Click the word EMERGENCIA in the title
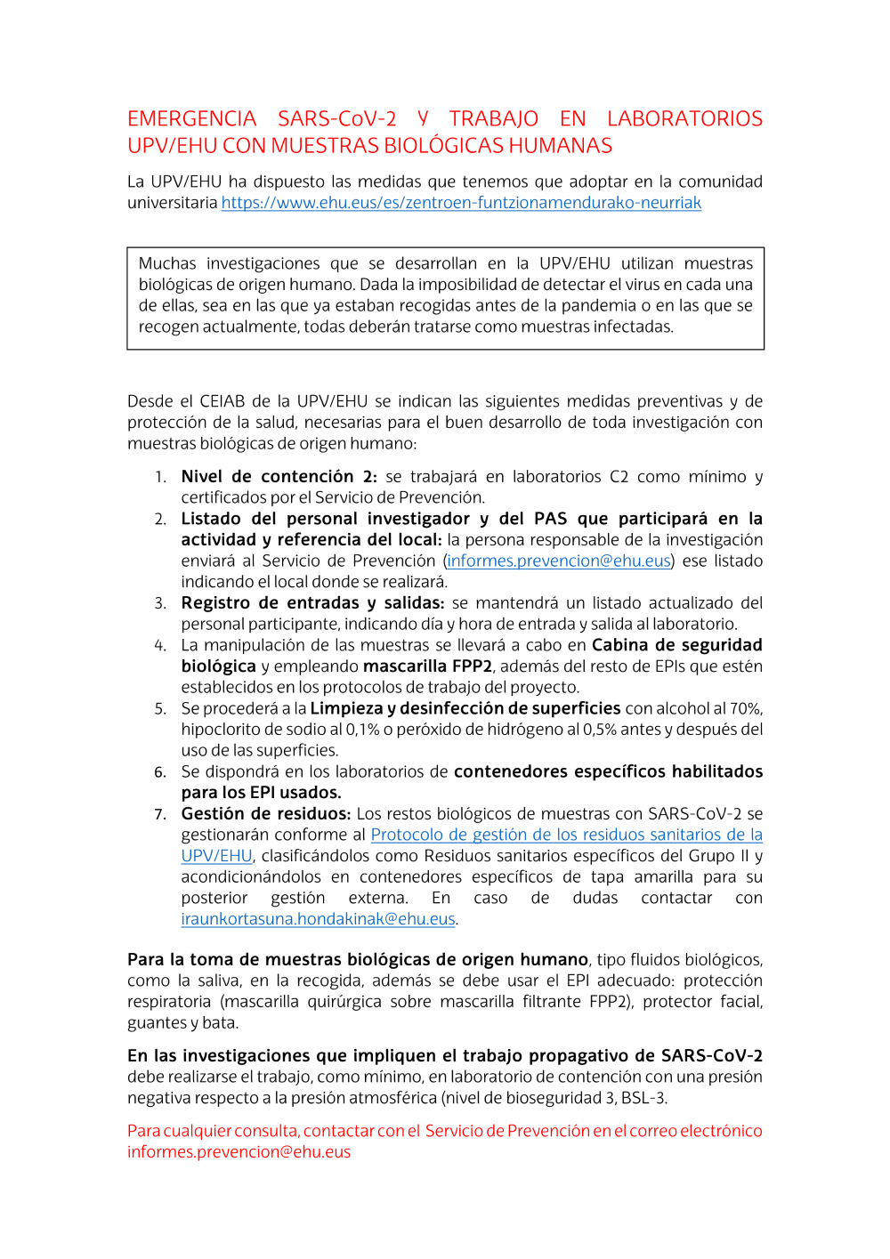coord(191,119)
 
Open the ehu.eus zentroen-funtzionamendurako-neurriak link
coord(461,203)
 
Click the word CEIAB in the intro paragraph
coord(222,401)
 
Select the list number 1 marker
coord(160,477)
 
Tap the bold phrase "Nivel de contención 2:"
coord(279,477)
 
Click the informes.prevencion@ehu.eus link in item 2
coord(559,561)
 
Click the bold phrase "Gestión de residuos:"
coord(265,814)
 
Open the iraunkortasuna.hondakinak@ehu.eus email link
coord(318,919)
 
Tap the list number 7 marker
coord(160,814)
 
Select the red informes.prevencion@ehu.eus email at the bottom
coord(239,1152)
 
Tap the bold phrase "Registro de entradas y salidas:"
coord(312,603)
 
